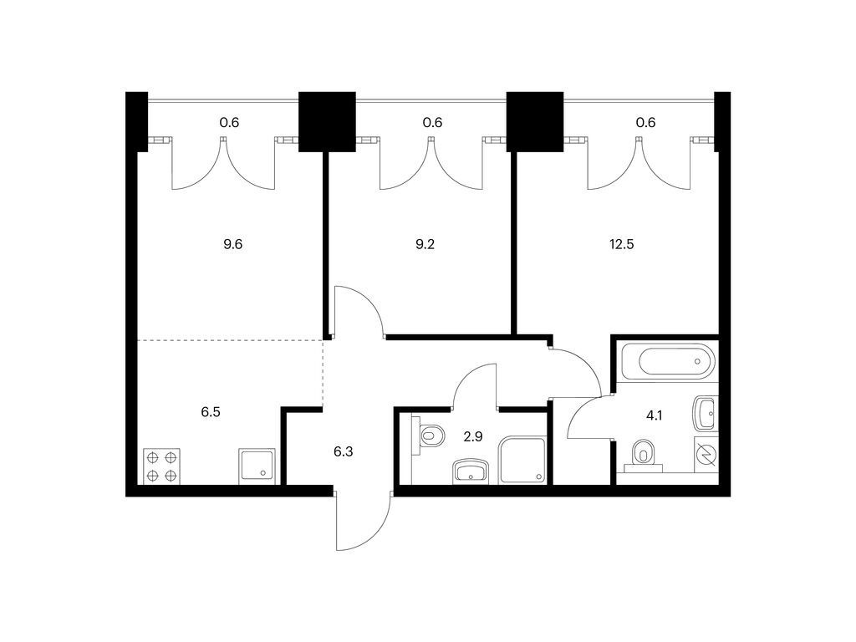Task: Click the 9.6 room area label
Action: pos(232,244)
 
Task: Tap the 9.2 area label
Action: pos(425,244)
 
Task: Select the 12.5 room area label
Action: pos(621,244)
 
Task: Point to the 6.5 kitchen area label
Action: pos(210,412)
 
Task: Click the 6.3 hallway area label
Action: pos(343,451)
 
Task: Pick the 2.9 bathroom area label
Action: pos(473,436)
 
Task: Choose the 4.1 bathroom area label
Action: pos(654,415)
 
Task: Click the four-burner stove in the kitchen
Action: pos(161,466)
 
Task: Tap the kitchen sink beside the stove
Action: pos(257,466)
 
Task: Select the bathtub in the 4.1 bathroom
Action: pos(669,359)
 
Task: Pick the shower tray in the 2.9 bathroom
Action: pos(522,460)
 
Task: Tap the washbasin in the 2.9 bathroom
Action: pos(471,471)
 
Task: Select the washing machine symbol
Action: pos(706,454)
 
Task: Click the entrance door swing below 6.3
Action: pos(363,521)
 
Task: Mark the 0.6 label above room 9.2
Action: pos(432,122)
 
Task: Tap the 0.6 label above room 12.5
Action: pos(645,122)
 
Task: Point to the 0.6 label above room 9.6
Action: pos(229,122)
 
